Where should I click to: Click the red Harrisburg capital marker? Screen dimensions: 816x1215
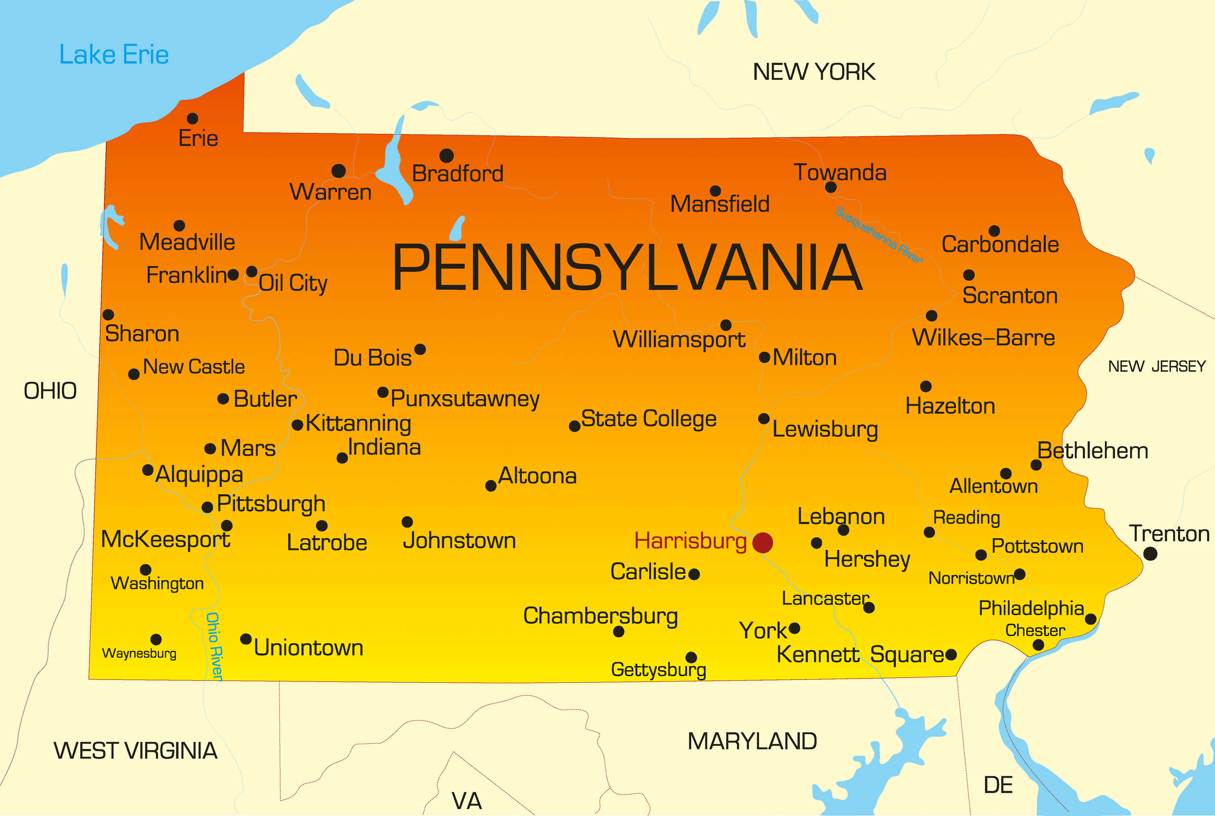pos(763,543)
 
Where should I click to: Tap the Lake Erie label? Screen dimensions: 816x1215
pos(114,55)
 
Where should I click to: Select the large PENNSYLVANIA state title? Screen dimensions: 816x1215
pos(627,268)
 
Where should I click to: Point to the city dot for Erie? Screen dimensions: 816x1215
pos(193,119)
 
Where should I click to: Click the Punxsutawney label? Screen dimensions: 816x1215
pos(465,399)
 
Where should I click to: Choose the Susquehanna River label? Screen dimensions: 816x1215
pos(879,235)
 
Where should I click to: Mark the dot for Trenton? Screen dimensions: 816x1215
pos(1151,554)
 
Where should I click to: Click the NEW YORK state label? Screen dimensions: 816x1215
pos(814,72)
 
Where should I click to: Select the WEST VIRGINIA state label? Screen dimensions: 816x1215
pos(135,750)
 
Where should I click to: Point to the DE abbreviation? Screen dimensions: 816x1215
pos(998,785)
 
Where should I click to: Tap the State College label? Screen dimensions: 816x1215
pos(649,419)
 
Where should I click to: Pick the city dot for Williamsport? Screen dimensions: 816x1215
pos(726,325)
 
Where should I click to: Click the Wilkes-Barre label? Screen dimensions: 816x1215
pos(983,338)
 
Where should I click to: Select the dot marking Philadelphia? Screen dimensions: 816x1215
pos(1091,619)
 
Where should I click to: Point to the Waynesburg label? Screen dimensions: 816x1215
pos(139,653)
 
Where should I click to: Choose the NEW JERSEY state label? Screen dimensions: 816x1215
pos(1157,366)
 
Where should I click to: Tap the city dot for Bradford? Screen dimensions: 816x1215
pos(446,155)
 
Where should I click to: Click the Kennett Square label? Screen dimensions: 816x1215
pos(860,654)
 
